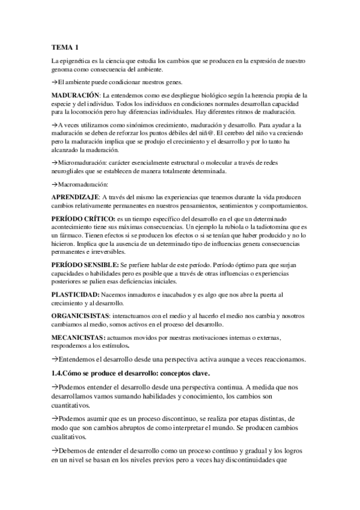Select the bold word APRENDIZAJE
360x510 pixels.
pos(74,198)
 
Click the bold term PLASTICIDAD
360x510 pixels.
pos(75,294)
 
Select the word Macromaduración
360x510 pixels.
pos(82,184)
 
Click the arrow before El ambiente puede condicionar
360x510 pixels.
pos(54,82)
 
